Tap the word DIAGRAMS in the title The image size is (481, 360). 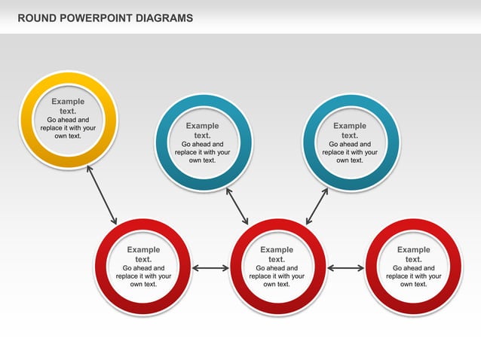pyautogui.click(x=165, y=17)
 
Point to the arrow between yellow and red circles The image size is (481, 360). pyautogui.click(x=102, y=195)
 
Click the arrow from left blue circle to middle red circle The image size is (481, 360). pyautogui.click(x=237, y=206)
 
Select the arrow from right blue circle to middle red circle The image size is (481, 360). pyautogui.click(x=317, y=206)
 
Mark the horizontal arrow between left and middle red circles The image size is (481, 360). pyautogui.click(x=210, y=267)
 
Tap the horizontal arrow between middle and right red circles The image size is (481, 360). pyautogui.click(x=346, y=267)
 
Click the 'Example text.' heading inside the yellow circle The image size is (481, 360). pyautogui.click(x=68, y=106)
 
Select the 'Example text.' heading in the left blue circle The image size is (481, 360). pyautogui.click(x=202, y=131)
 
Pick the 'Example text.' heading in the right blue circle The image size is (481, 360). pyautogui.click(x=350, y=131)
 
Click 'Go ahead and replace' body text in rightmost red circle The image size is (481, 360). pyautogui.click(x=413, y=276)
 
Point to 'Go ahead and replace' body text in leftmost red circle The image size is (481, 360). pyautogui.click(x=143, y=276)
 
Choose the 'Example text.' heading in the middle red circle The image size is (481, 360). pyautogui.click(x=277, y=255)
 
